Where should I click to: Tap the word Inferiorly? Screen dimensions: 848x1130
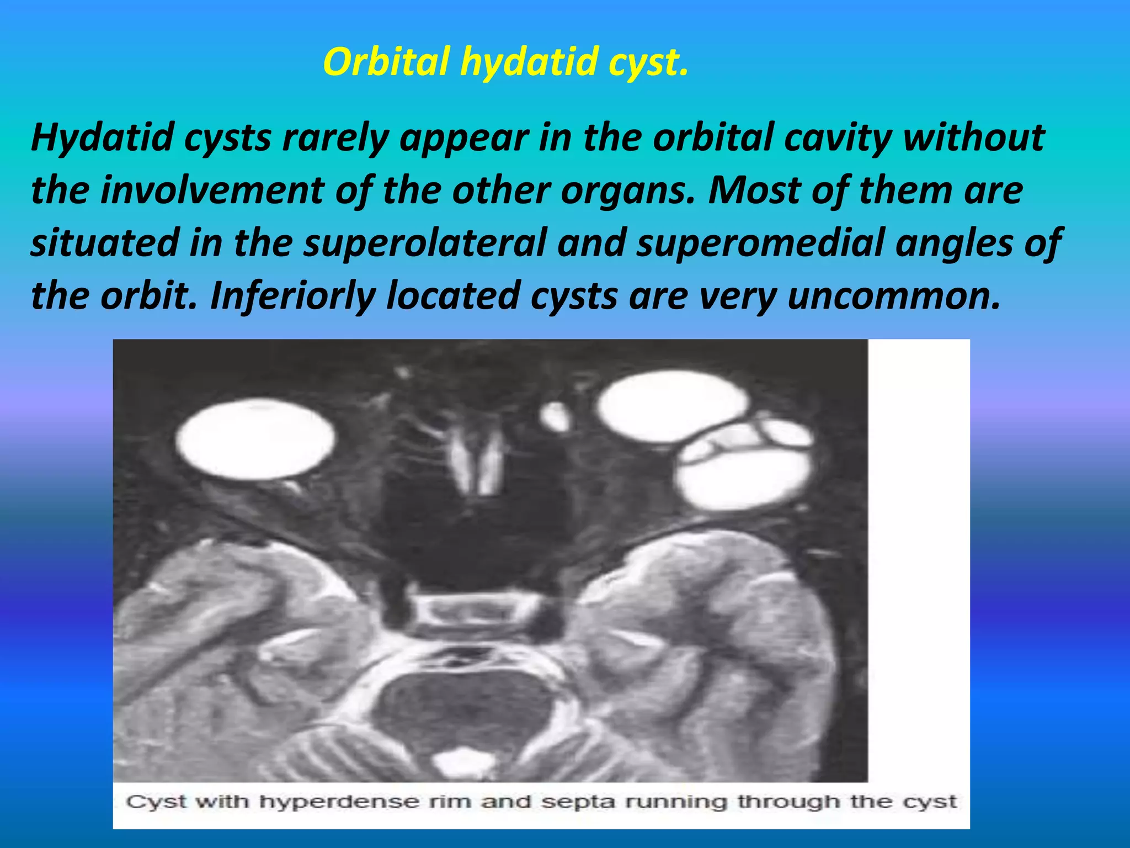click(x=292, y=296)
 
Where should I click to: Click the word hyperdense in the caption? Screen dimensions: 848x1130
click(x=339, y=802)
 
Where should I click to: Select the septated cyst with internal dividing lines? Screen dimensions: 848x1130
click(x=745, y=464)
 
